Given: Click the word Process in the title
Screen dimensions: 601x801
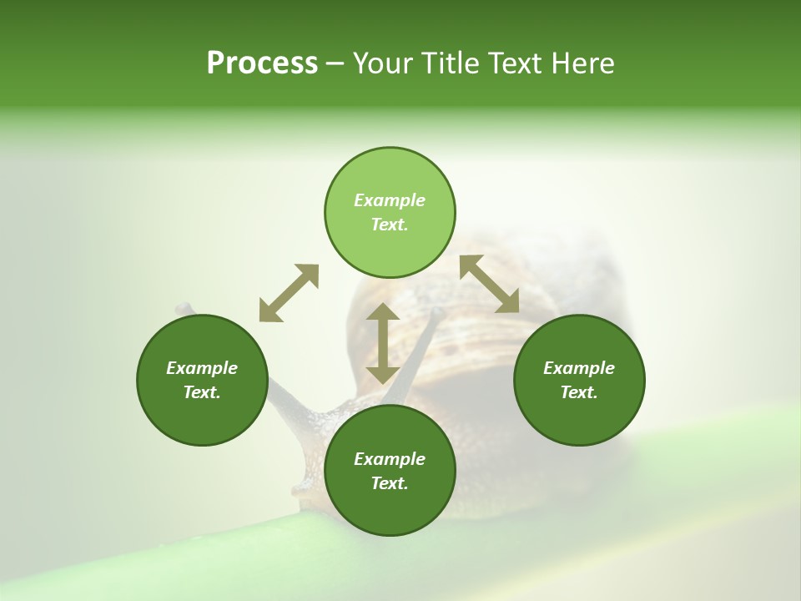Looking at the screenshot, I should tap(262, 63).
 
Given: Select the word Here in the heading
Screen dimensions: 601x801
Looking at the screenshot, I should tap(582, 63).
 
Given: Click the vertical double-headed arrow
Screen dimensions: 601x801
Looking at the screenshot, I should tap(383, 343).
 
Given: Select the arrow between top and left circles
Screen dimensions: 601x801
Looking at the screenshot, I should tap(289, 293).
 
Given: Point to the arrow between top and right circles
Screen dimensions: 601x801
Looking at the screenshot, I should tap(490, 284).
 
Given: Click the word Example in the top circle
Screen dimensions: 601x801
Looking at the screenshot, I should tap(390, 200).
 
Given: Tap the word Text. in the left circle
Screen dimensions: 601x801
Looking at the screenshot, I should tap(202, 392).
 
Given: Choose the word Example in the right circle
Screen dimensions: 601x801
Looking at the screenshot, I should tap(579, 368).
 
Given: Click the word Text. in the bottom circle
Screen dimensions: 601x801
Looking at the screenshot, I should tap(390, 483).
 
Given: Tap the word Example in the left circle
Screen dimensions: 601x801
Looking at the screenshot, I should tap(202, 368).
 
